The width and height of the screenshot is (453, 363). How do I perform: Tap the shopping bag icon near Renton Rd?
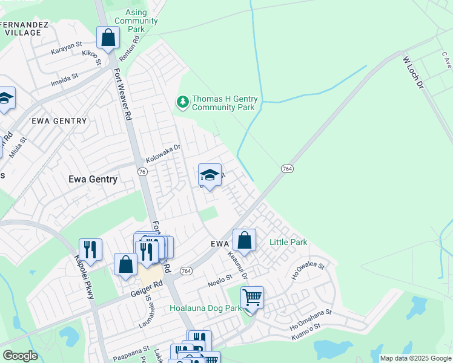[108, 38]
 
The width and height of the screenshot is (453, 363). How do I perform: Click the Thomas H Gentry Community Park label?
[225, 103]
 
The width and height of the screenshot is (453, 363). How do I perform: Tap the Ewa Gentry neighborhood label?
[93, 179]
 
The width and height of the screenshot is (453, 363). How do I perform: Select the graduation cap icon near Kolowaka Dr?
[210, 175]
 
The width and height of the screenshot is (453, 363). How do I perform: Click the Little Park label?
[288, 243]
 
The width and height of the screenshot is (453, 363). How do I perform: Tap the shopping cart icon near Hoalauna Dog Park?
[251, 297]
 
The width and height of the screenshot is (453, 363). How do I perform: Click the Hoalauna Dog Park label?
[205, 308]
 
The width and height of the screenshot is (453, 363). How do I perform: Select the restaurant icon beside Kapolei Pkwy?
[90, 249]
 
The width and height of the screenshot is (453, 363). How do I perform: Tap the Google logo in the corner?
[20, 356]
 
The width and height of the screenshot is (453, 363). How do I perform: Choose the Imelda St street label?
[65, 79]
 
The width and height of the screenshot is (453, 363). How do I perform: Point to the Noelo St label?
[220, 280]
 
